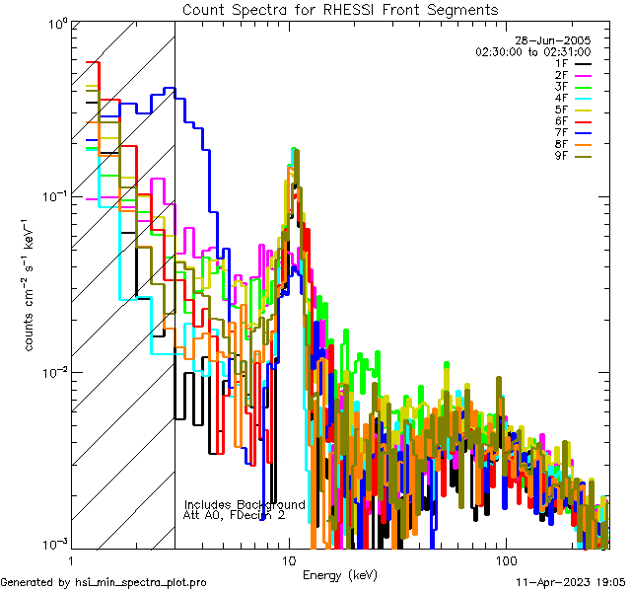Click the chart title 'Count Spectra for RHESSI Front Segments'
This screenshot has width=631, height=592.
(x=340, y=9)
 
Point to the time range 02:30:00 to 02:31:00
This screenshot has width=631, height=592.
(x=532, y=51)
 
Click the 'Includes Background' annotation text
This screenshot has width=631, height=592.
(x=245, y=504)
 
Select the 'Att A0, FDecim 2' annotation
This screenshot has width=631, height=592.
(x=235, y=515)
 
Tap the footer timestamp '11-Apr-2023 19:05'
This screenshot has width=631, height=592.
(x=569, y=583)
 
